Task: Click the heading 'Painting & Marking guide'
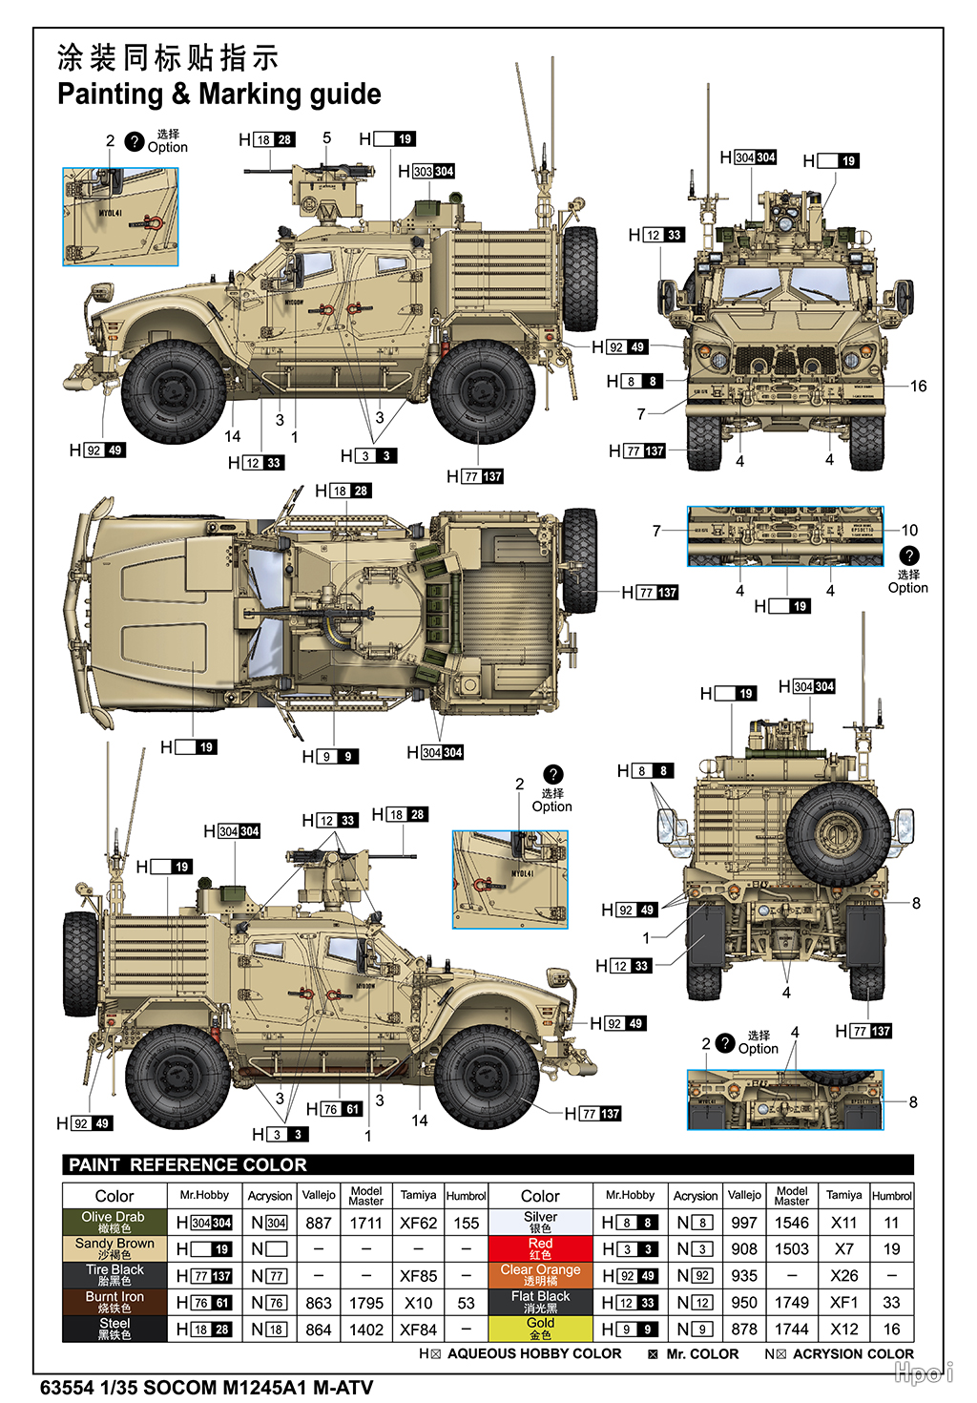218,94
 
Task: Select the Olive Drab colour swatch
114,1222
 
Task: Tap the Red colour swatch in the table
540,1248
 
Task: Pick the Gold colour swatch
540,1329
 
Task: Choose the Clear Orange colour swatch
540,1275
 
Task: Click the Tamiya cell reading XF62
418,1223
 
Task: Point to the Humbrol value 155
466,1223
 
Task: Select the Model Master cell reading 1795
365,1303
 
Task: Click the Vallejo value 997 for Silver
743,1223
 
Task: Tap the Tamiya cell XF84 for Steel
418,1330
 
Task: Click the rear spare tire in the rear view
837,832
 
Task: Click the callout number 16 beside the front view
918,386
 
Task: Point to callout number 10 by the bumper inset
909,530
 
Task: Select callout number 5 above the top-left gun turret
326,137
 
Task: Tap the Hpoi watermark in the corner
923,1372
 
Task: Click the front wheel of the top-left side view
175,391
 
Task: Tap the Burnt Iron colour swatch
114,1302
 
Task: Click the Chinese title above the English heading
168,57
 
